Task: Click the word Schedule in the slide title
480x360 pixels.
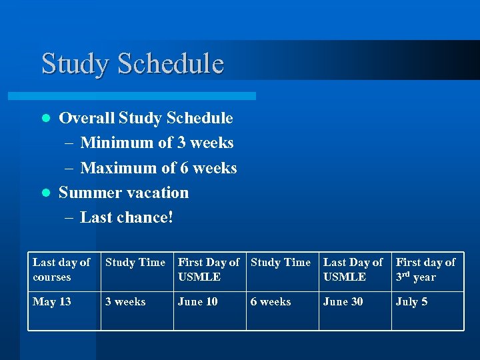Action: pyautogui.click(x=170, y=63)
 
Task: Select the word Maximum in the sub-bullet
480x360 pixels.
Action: pyautogui.click(x=118, y=168)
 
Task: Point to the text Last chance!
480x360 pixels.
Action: pyautogui.click(x=126, y=217)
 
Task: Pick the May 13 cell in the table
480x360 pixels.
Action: pyautogui.click(x=52, y=302)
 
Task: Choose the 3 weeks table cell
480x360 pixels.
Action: pyautogui.click(x=125, y=302)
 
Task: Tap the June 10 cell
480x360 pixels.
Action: pyautogui.click(x=197, y=302)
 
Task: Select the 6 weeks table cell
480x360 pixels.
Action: pyautogui.click(x=271, y=302)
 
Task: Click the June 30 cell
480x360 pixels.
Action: pyautogui.click(x=343, y=302)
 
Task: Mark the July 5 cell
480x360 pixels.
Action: pyautogui.click(x=411, y=302)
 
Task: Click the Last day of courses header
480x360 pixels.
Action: pyautogui.click(x=61, y=269)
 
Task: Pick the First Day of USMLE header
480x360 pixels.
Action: pyautogui.click(x=208, y=269)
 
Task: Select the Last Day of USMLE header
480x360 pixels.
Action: pyautogui.click(x=353, y=269)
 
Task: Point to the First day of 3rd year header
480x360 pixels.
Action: pyautogui.click(x=425, y=269)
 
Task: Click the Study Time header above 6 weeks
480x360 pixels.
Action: pyautogui.click(x=281, y=263)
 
